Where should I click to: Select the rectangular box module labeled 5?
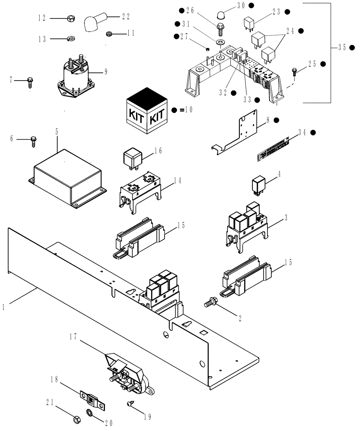(68, 178)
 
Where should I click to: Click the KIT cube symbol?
(146, 110)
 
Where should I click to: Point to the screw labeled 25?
(295, 71)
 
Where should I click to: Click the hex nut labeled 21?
(73, 419)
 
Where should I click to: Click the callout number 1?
(3, 307)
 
